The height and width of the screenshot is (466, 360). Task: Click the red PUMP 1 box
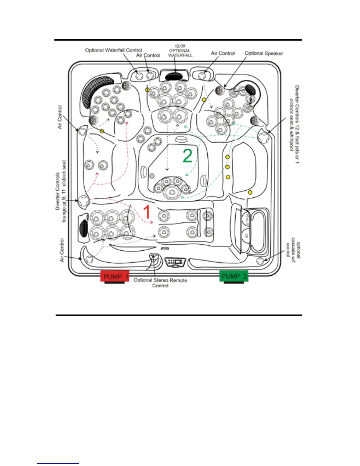[x=114, y=276]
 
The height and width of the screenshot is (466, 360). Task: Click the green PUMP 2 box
[x=234, y=276]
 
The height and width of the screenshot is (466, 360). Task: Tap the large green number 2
[x=187, y=156]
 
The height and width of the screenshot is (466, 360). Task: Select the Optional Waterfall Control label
[x=114, y=50]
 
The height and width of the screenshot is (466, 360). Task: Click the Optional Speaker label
[x=264, y=53]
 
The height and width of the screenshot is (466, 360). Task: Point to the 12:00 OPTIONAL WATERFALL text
[x=180, y=51]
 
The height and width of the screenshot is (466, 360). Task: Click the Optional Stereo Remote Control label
[x=160, y=282]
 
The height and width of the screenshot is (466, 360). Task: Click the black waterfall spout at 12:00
[x=174, y=76]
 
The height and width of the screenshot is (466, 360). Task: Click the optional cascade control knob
[x=260, y=261]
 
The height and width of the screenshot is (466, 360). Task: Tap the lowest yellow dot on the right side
[x=250, y=192]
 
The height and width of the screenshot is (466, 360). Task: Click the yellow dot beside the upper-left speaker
[x=102, y=131]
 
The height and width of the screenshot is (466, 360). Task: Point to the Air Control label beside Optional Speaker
[x=223, y=53]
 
